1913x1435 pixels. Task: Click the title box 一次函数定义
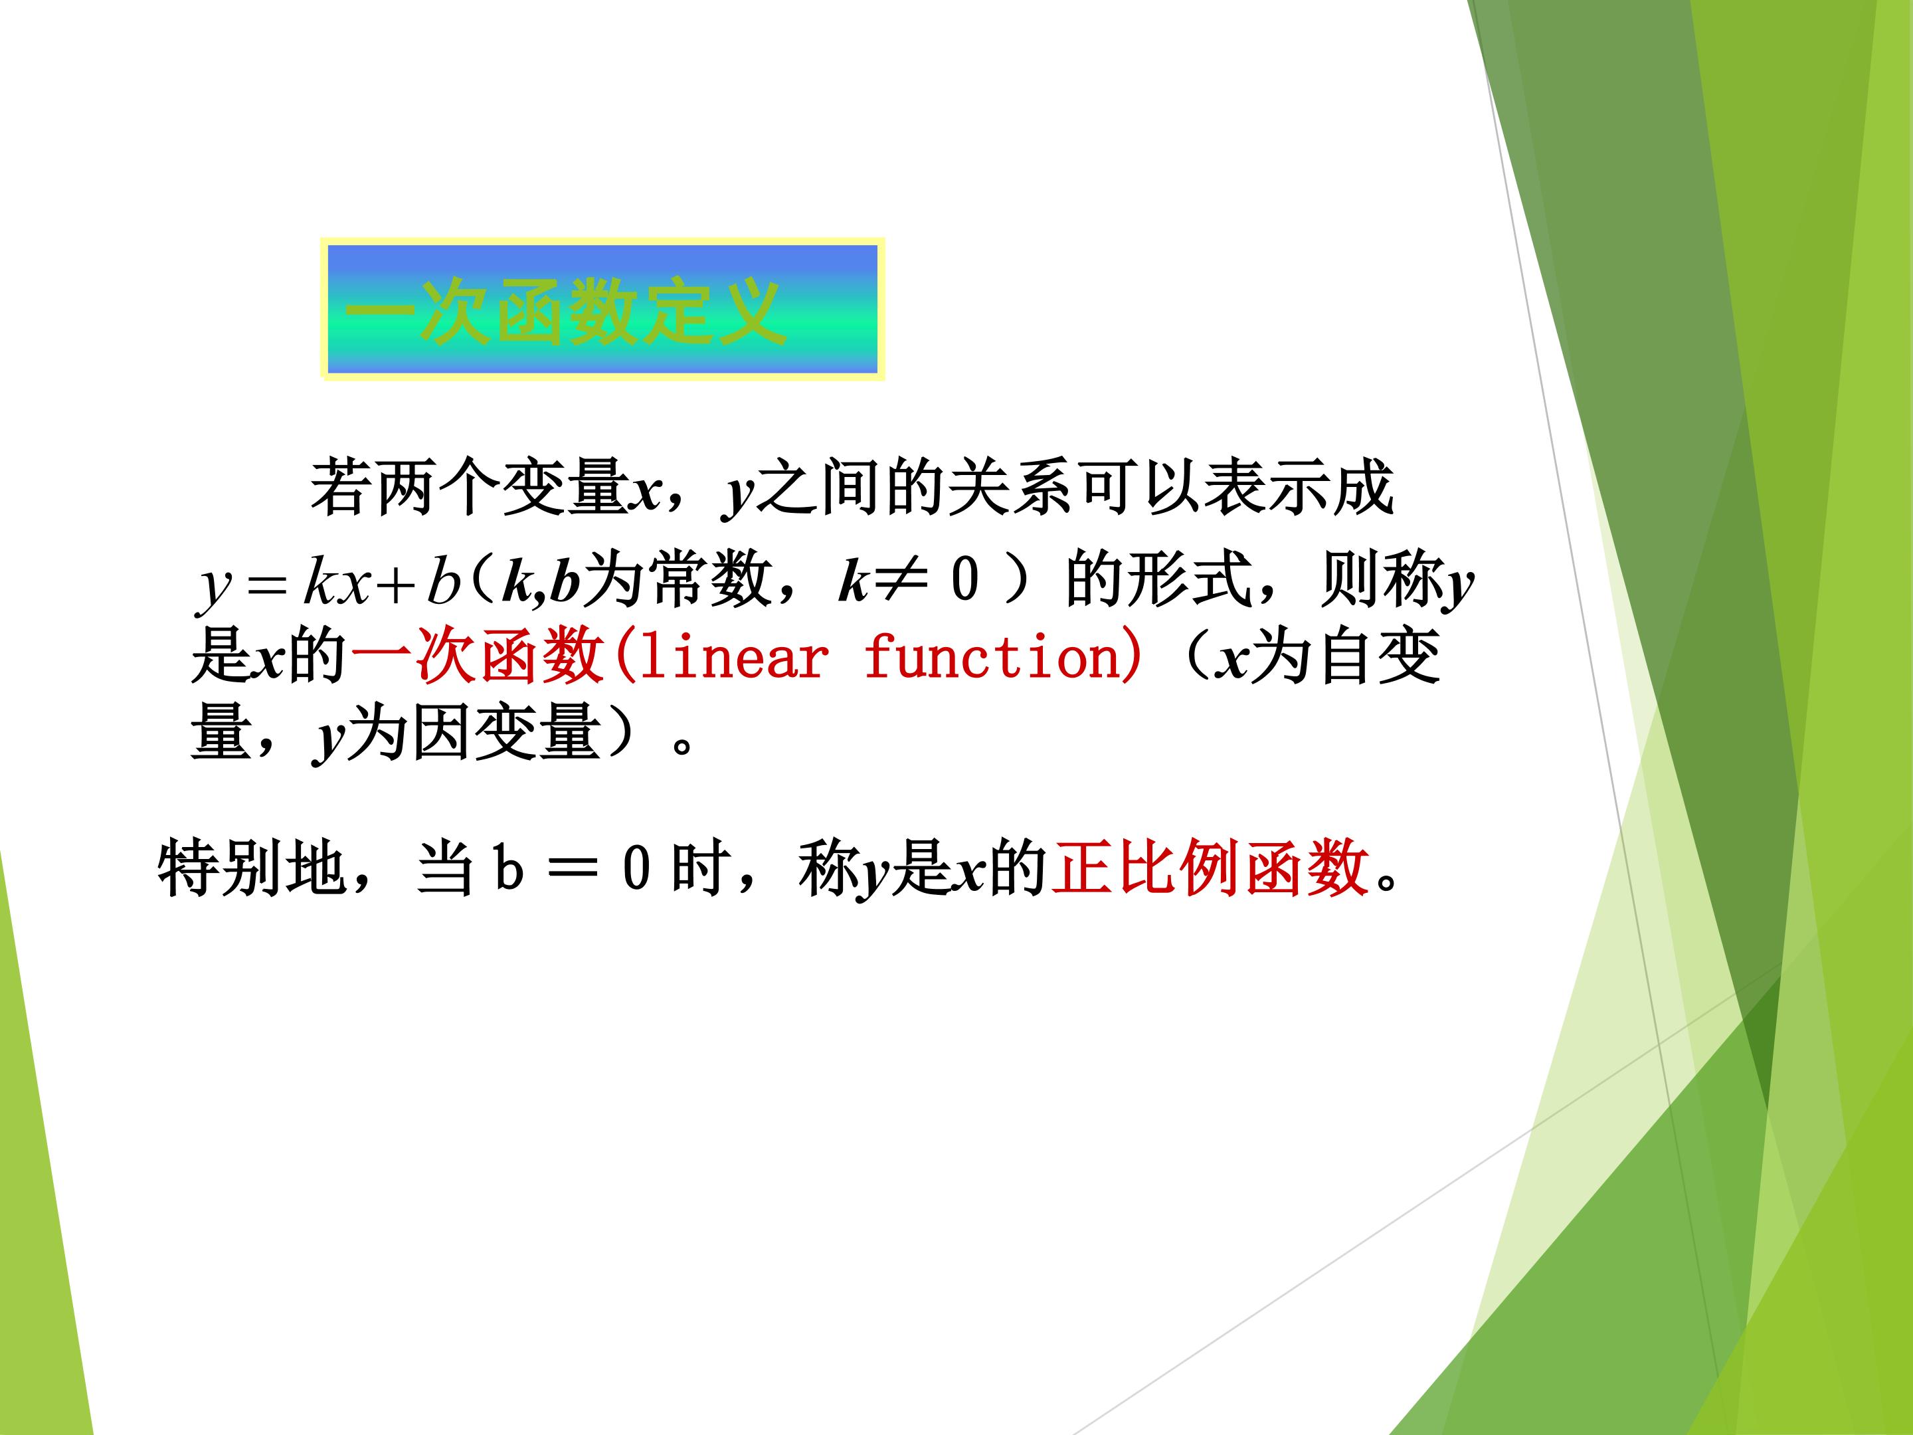point(602,309)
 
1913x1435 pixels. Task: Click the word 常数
point(709,579)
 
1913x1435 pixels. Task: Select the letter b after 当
point(509,868)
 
